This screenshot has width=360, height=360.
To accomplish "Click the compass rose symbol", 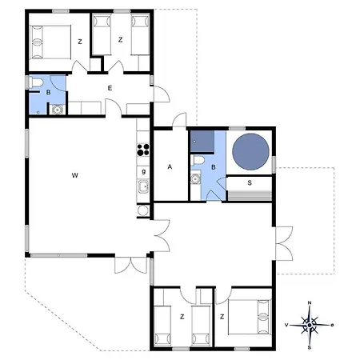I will click(310, 325).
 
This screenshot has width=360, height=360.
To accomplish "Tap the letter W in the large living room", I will click(74, 174).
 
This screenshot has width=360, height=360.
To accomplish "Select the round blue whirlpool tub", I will click(250, 151).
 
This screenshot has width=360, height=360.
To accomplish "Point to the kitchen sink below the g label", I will click(143, 189).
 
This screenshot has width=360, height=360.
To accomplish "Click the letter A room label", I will click(170, 167).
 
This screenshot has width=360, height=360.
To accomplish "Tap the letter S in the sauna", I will click(250, 183).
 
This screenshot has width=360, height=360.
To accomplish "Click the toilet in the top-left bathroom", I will click(38, 83).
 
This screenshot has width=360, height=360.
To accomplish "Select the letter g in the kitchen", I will click(143, 171).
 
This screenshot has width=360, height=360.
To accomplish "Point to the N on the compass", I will click(310, 303).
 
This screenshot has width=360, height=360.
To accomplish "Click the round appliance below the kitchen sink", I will click(143, 211).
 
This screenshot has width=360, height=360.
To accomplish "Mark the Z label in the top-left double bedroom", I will click(80, 41).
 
